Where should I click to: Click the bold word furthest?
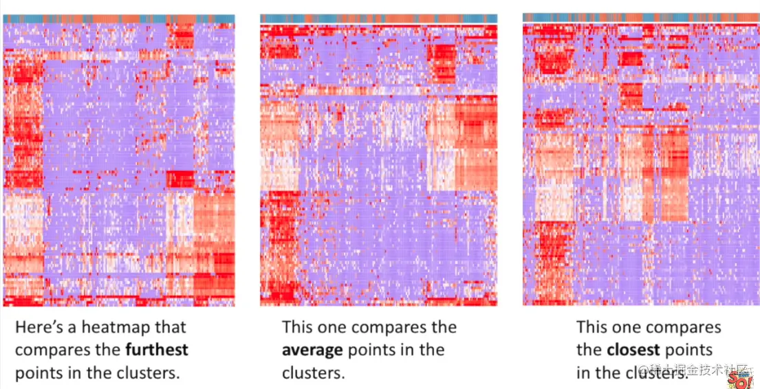pos(156,350)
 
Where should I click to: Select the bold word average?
pos(312,350)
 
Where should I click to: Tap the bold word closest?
pos(633,350)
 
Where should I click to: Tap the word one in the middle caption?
pos(338,327)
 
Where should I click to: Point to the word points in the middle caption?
pos(370,350)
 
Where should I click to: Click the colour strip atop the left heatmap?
pos(118,19)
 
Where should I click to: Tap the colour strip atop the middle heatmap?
pos(378,19)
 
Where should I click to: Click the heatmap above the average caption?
pos(378,165)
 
